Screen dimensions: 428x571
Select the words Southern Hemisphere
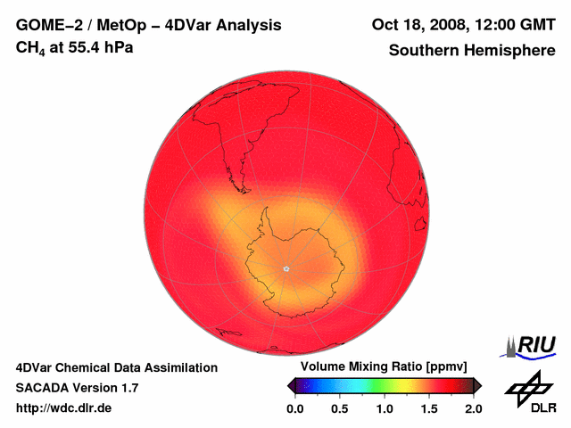click(x=472, y=50)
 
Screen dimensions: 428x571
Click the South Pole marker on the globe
click(x=286, y=268)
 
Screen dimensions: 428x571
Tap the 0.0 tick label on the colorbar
click(x=294, y=408)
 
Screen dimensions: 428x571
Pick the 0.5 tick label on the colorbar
click(x=339, y=408)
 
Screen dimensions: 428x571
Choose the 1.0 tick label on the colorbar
click(x=384, y=408)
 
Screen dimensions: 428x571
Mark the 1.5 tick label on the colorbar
click(x=429, y=408)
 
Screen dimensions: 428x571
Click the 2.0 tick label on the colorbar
click(x=473, y=408)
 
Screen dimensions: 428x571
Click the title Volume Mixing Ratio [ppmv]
click(x=378, y=367)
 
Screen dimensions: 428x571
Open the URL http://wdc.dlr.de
click(x=64, y=408)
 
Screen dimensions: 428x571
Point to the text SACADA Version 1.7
click(x=77, y=388)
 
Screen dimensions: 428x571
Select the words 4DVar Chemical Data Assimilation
click(x=117, y=367)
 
